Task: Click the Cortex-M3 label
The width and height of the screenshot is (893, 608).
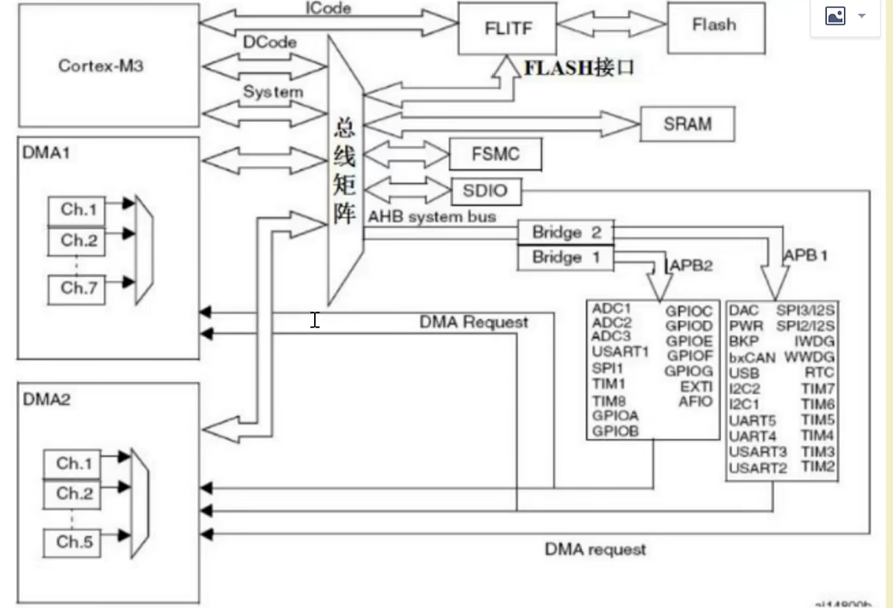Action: tap(101, 65)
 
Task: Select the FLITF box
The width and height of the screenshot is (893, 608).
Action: tap(508, 28)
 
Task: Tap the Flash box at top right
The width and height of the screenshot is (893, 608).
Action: tap(714, 25)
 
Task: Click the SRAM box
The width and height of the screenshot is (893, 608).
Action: tap(687, 124)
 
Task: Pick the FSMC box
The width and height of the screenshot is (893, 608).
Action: tap(495, 154)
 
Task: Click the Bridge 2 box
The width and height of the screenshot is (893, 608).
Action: tap(566, 233)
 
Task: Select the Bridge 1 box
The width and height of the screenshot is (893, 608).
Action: tap(566, 257)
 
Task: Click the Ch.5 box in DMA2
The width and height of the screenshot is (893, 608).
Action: tap(74, 542)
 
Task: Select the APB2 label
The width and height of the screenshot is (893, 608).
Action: tap(692, 266)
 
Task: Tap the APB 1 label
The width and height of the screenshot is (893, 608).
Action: tap(805, 256)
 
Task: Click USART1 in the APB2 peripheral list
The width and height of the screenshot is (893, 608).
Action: tap(620, 352)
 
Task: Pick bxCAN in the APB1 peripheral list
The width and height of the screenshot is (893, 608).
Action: tap(752, 358)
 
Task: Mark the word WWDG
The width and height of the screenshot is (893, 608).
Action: tap(809, 358)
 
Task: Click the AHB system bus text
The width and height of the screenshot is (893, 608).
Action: tap(432, 217)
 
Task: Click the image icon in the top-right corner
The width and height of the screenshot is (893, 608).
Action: tap(835, 16)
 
